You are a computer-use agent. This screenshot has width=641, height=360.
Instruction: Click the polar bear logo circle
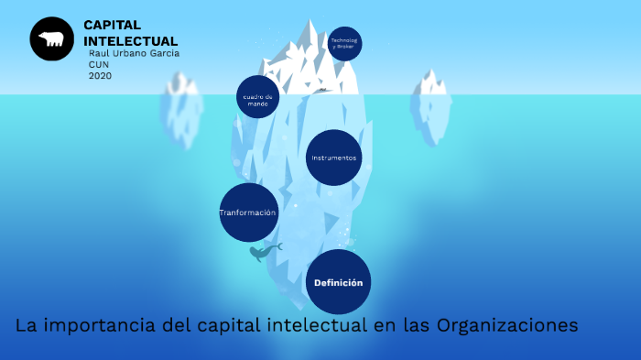coord(51,39)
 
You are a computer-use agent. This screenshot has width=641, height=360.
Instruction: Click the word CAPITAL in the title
coord(112,25)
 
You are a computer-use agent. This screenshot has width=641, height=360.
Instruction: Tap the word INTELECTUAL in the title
coord(130,41)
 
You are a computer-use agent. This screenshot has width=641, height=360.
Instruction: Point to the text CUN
coord(99,65)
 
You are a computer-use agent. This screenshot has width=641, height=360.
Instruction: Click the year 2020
coord(100,76)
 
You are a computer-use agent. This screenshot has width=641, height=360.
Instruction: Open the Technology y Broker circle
coord(344,43)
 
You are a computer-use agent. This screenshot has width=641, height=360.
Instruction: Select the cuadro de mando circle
coord(257,97)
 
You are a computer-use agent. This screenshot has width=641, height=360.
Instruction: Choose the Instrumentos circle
coord(333,158)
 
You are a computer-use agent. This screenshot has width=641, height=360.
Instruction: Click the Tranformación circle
coord(248,213)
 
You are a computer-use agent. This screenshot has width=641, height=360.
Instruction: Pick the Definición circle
coord(338,282)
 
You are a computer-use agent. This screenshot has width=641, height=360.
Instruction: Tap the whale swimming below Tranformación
coord(264,251)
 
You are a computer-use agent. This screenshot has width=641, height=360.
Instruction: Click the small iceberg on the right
coord(430,105)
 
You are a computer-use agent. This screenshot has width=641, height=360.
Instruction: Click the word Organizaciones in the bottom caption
coord(507,326)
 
